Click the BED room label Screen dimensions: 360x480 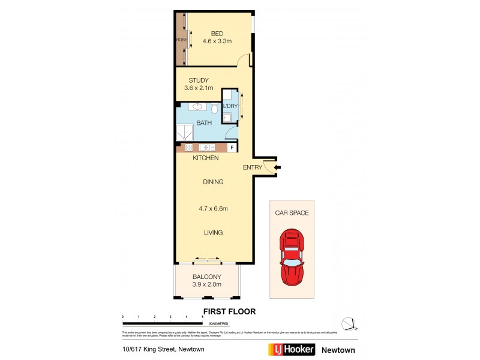pyautogui.click(x=217, y=33)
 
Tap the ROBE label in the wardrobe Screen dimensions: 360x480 pyautogui.click(x=181, y=40)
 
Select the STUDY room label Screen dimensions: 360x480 pyautogui.click(x=198, y=80)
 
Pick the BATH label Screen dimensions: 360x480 pyautogui.click(x=205, y=122)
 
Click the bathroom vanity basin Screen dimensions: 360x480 pyautogui.click(x=198, y=108)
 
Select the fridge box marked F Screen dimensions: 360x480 pyautogui.click(x=232, y=148)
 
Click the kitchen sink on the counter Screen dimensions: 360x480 pyautogui.click(x=208, y=148)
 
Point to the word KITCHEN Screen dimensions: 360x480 pyautogui.click(x=205, y=158)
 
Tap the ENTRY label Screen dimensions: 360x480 pyautogui.click(x=252, y=167)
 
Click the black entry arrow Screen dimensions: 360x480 pyautogui.click(x=277, y=167)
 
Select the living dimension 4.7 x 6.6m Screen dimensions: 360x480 pyautogui.click(x=212, y=209)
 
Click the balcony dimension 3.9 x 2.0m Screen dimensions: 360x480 pyautogui.click(x=207, y=284)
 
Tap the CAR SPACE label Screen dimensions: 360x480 pyautogui.click(x=292, y=212)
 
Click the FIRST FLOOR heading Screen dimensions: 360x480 pyautogui.click(x=230, y=311)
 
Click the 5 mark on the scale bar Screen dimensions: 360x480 pyautogui.click(x=202, y=316)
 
